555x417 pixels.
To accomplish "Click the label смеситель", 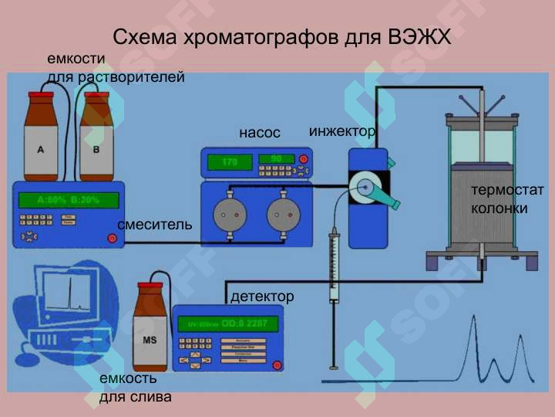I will click(x=154, y=225).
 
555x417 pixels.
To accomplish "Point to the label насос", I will click(x=259, y=133).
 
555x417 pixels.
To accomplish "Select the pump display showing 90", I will click(x=277, y=159).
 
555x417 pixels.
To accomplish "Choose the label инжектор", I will click(x=341, y=131).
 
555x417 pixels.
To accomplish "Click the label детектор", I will click(x=262, y=297).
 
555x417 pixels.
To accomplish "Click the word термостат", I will click(x=507, y=190).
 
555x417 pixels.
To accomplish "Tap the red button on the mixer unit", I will click(x=113, y=237).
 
